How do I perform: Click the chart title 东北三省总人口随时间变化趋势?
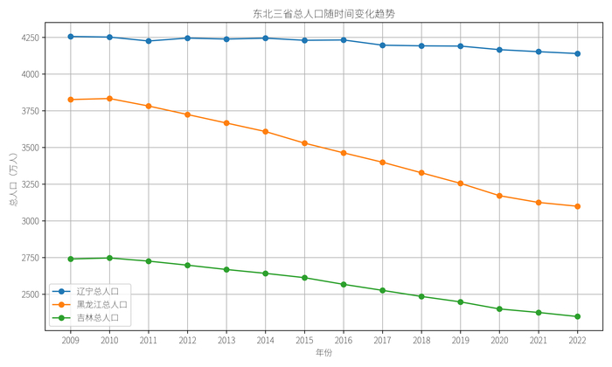coord(323,13)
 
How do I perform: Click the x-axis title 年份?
coord(323,353)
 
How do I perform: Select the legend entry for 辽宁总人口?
coord(97,291)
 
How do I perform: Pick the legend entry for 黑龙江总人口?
coord(101,304)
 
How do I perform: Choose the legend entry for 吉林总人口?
coord(97,318)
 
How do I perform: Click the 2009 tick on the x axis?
coord(71,340)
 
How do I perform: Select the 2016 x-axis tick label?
coord(344,340)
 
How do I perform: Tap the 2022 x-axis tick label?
coord(577,340)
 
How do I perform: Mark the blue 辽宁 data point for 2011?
coord(149,41)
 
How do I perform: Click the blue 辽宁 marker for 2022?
coord(577,53)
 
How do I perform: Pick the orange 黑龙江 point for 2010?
coord(109,99)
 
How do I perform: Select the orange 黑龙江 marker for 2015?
coord(304,143)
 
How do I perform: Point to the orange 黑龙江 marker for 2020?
coord(499,196)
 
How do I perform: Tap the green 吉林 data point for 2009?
coord(71,259)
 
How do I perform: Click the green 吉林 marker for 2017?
coord(382,290)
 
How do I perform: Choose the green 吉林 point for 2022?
coord(577,316)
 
